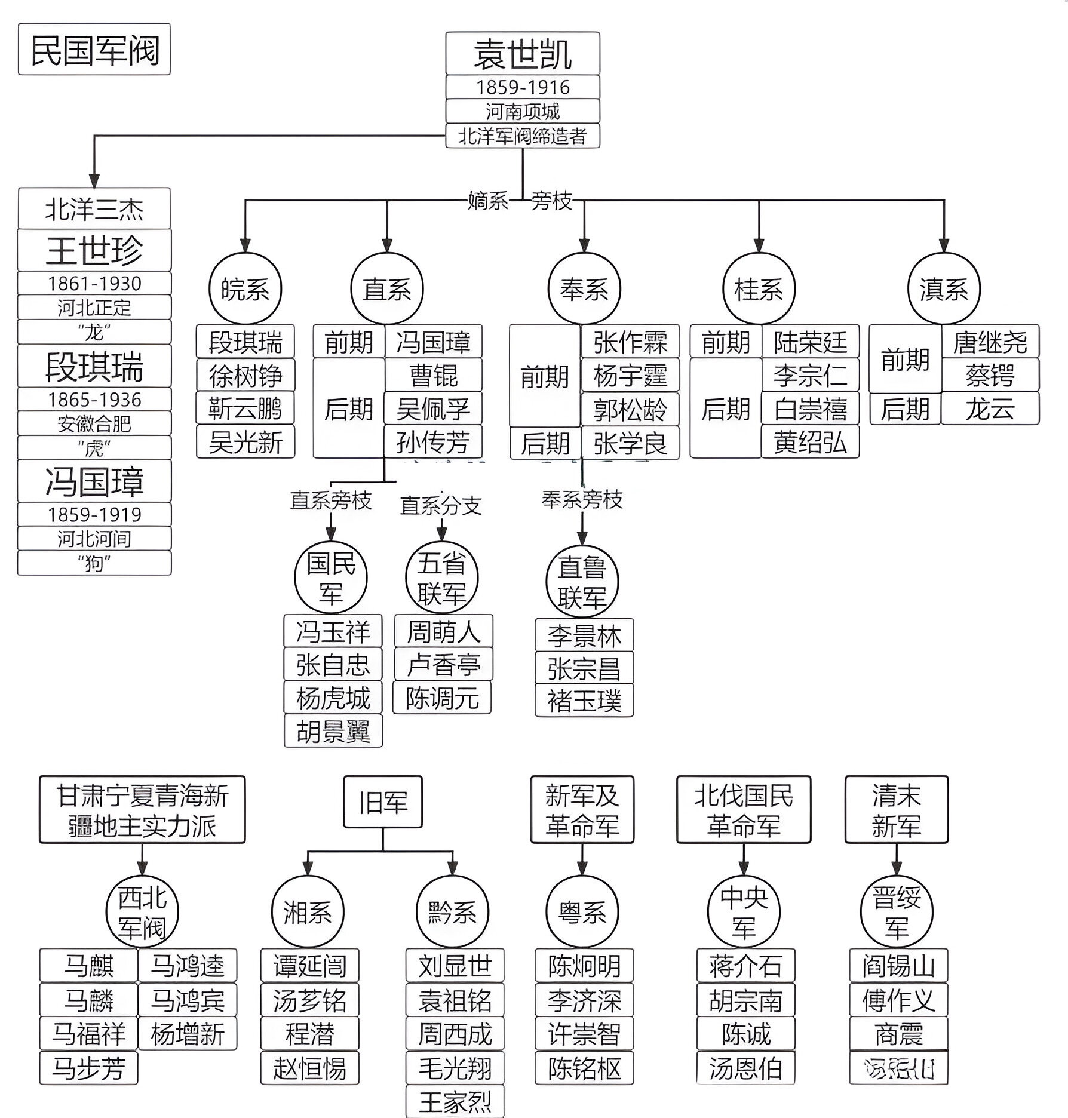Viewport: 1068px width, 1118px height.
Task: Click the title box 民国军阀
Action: tap(94, 50)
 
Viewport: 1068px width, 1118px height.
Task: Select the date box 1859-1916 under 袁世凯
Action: tap(523, 87)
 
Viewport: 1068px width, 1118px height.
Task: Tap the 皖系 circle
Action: tap(245, 290)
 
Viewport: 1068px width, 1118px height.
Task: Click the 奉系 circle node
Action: tap(584, 290)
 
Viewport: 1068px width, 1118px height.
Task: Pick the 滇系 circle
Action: tap(943, 290)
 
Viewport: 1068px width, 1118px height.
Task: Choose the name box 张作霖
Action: tap(630, 342)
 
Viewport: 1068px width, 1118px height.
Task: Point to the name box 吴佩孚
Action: tap(433, 409)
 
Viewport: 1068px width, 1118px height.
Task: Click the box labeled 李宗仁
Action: tap(810, 376)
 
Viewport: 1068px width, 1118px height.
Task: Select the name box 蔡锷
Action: tap(990, 376)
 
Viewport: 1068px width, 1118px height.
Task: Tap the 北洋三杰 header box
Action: tap(94, 209)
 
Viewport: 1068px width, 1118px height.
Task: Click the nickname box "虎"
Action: tap(94, 447)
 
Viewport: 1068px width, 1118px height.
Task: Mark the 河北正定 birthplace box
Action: tap(94, 308)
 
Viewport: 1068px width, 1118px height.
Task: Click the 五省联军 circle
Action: tap(441, 579)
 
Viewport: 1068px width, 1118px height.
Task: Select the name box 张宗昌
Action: tap(584, 668)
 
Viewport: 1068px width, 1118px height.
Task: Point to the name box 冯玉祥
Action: tap(333, 632)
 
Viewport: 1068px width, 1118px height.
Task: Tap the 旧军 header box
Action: tap(383, 803)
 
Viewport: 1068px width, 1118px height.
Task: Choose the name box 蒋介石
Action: tap(745, 965)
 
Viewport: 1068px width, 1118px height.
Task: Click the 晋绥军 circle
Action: tap(896, 913)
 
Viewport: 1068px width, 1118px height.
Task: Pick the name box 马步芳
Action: tap(88, 1068)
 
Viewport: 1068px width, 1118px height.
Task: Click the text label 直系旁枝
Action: tap(330, 500)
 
